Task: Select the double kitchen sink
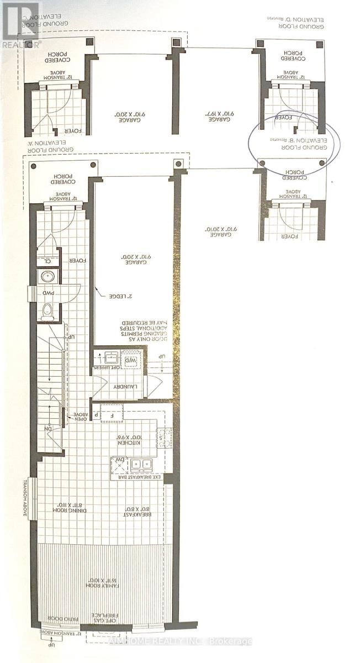point(141,464)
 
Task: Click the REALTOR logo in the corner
point(20,25)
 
